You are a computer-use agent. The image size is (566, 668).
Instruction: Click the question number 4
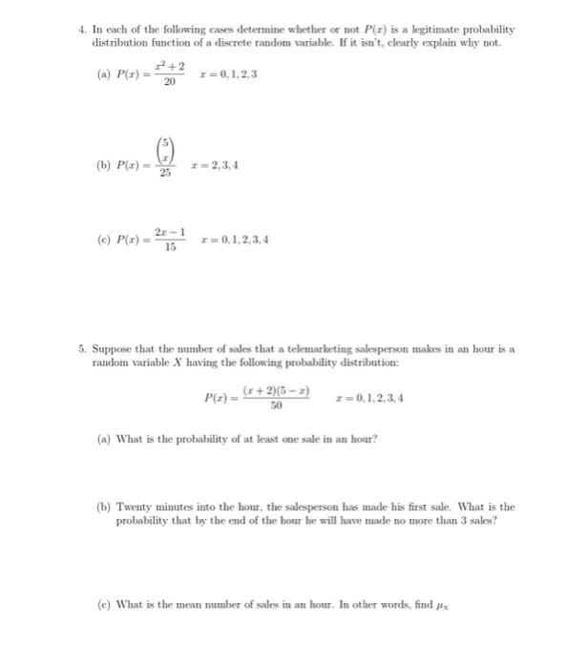[82, 31]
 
